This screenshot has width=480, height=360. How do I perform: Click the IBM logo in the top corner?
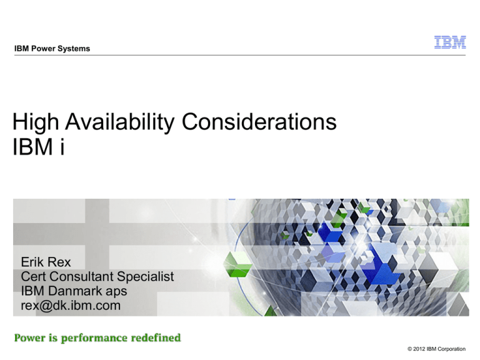click(450, 42)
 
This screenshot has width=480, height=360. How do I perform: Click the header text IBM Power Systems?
click(52, 48)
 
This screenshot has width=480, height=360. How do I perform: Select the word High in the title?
click(36, 122)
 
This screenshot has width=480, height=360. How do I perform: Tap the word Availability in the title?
click(120, 122)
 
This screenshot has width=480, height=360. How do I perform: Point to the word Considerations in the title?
click(259, 121)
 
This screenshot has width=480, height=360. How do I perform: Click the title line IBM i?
click(39, 147)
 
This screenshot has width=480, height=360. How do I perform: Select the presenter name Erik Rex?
click(46, 262)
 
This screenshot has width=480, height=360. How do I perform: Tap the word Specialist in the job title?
click(146, 277)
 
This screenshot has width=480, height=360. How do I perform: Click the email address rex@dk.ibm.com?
click(71, 306)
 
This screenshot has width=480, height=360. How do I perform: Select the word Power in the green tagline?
click(30, 337)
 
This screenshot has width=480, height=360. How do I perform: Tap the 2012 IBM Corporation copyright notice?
click(436, 349)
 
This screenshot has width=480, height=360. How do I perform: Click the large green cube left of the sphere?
click(237, 264)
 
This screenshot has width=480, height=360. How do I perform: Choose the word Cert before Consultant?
click(33, 276)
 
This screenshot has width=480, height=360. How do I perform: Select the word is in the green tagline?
click(53, 337)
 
